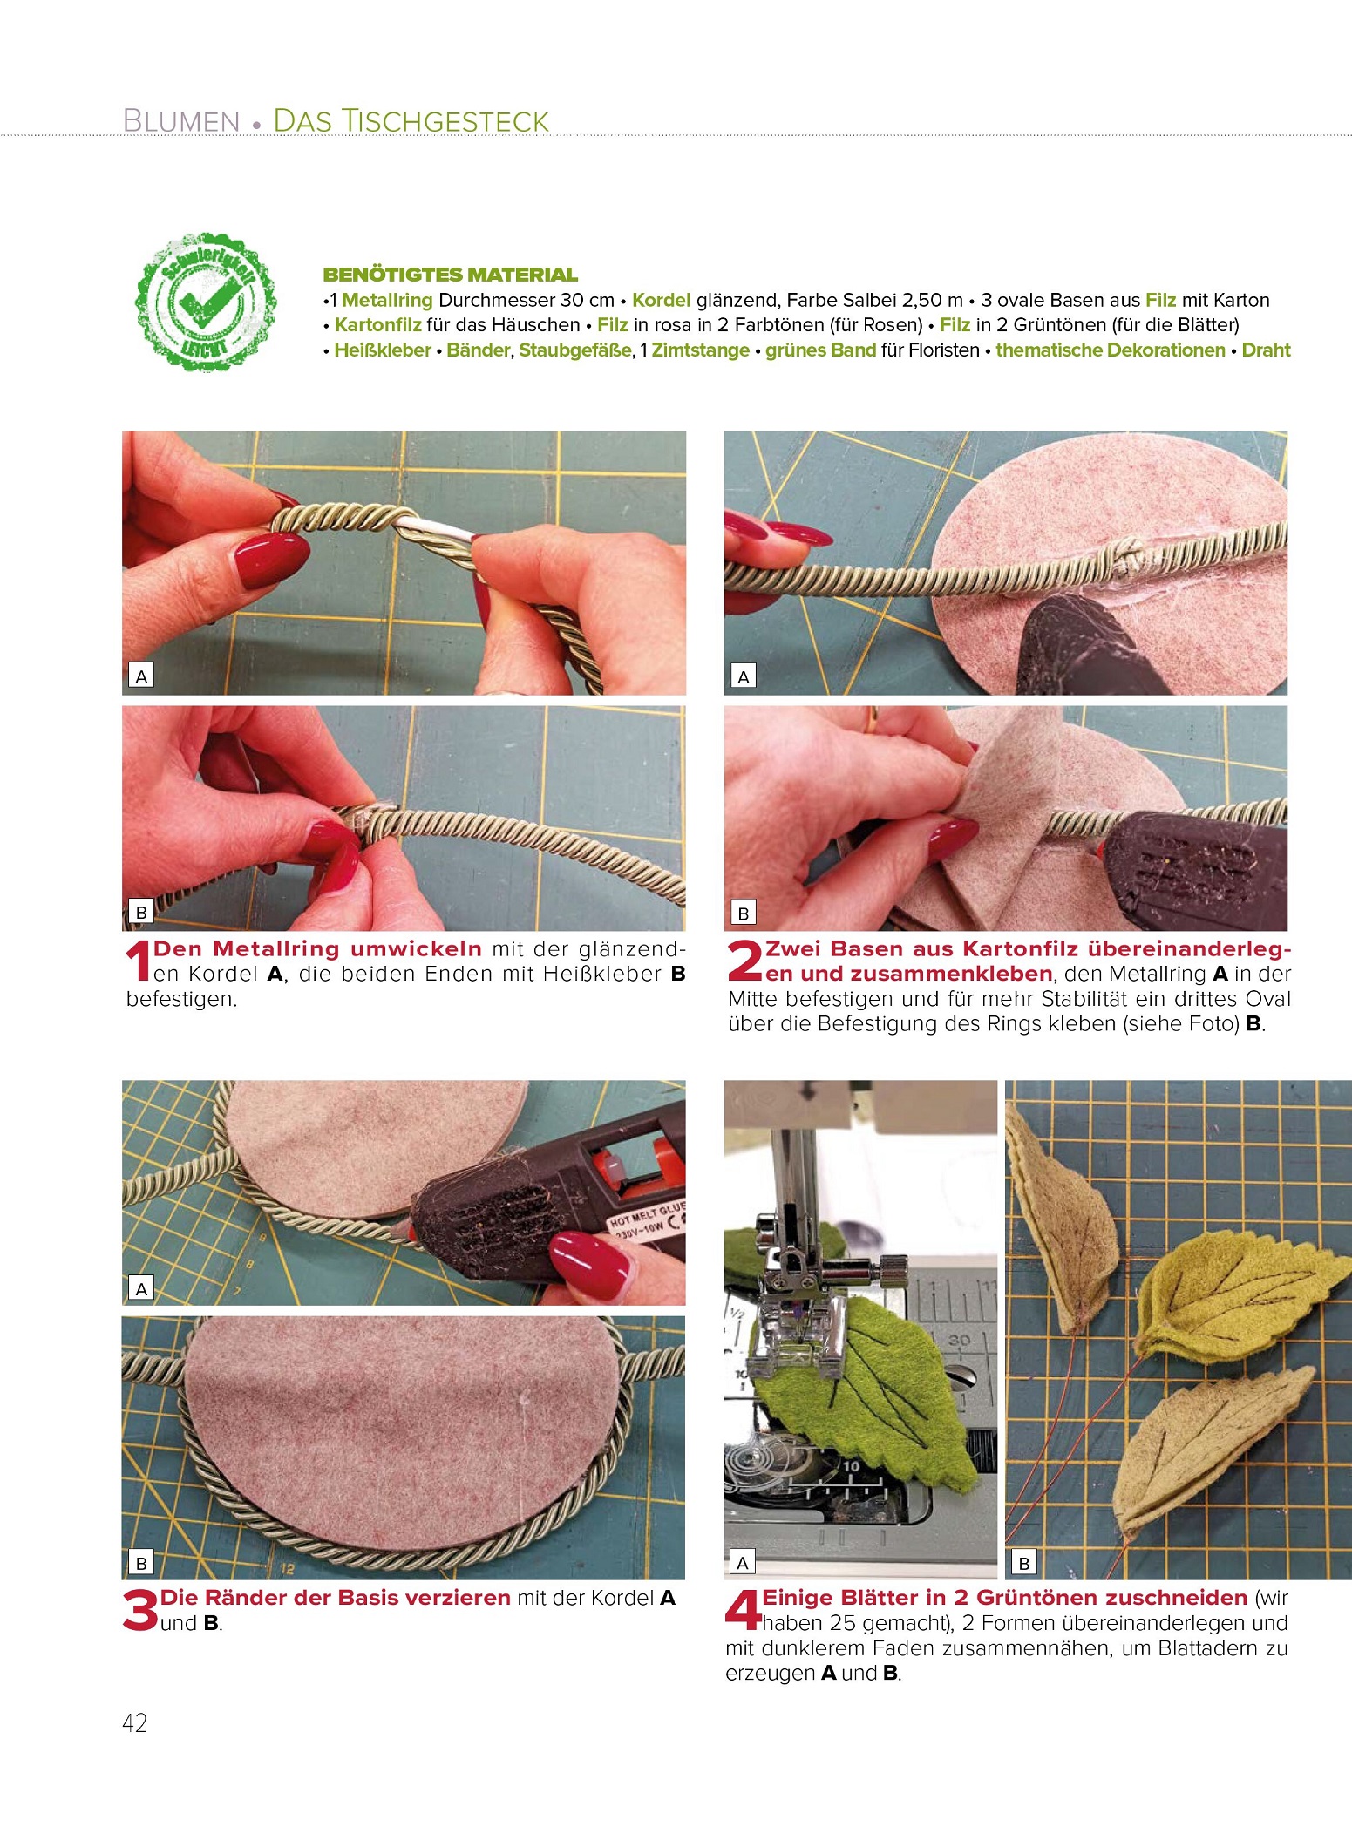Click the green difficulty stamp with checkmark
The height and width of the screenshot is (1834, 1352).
pyautogui.click(x=207, y=302)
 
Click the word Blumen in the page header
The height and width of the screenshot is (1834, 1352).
pyautogui.click(x=181, y=121)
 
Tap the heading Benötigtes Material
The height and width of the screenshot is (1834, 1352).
pyautogui.click(x=450, y=275)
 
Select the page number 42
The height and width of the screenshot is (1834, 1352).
pyautogui.click(x=135, y=1724)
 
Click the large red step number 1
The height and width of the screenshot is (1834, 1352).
pyautogui.click(x=139, y=961)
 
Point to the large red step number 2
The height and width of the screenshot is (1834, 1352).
pyautogui.click(x=745, y=961)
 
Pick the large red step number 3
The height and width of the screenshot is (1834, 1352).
pyautogui.click(x=140, y=1610)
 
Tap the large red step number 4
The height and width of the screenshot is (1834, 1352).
pyautogui.click(x=744, y=1610)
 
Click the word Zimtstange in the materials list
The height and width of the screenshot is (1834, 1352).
pyautogui.click(x=701, y=350)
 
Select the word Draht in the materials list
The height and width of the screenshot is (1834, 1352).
pyautogui.click(x=1266, y=350)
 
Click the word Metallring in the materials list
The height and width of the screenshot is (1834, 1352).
pyautogui.click(x=387, y=301)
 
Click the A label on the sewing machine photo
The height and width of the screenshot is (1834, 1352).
pyautogui.click(x=743, y=1563)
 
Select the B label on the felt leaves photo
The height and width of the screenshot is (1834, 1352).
pyautogui.click(x=1024, y=1563)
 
